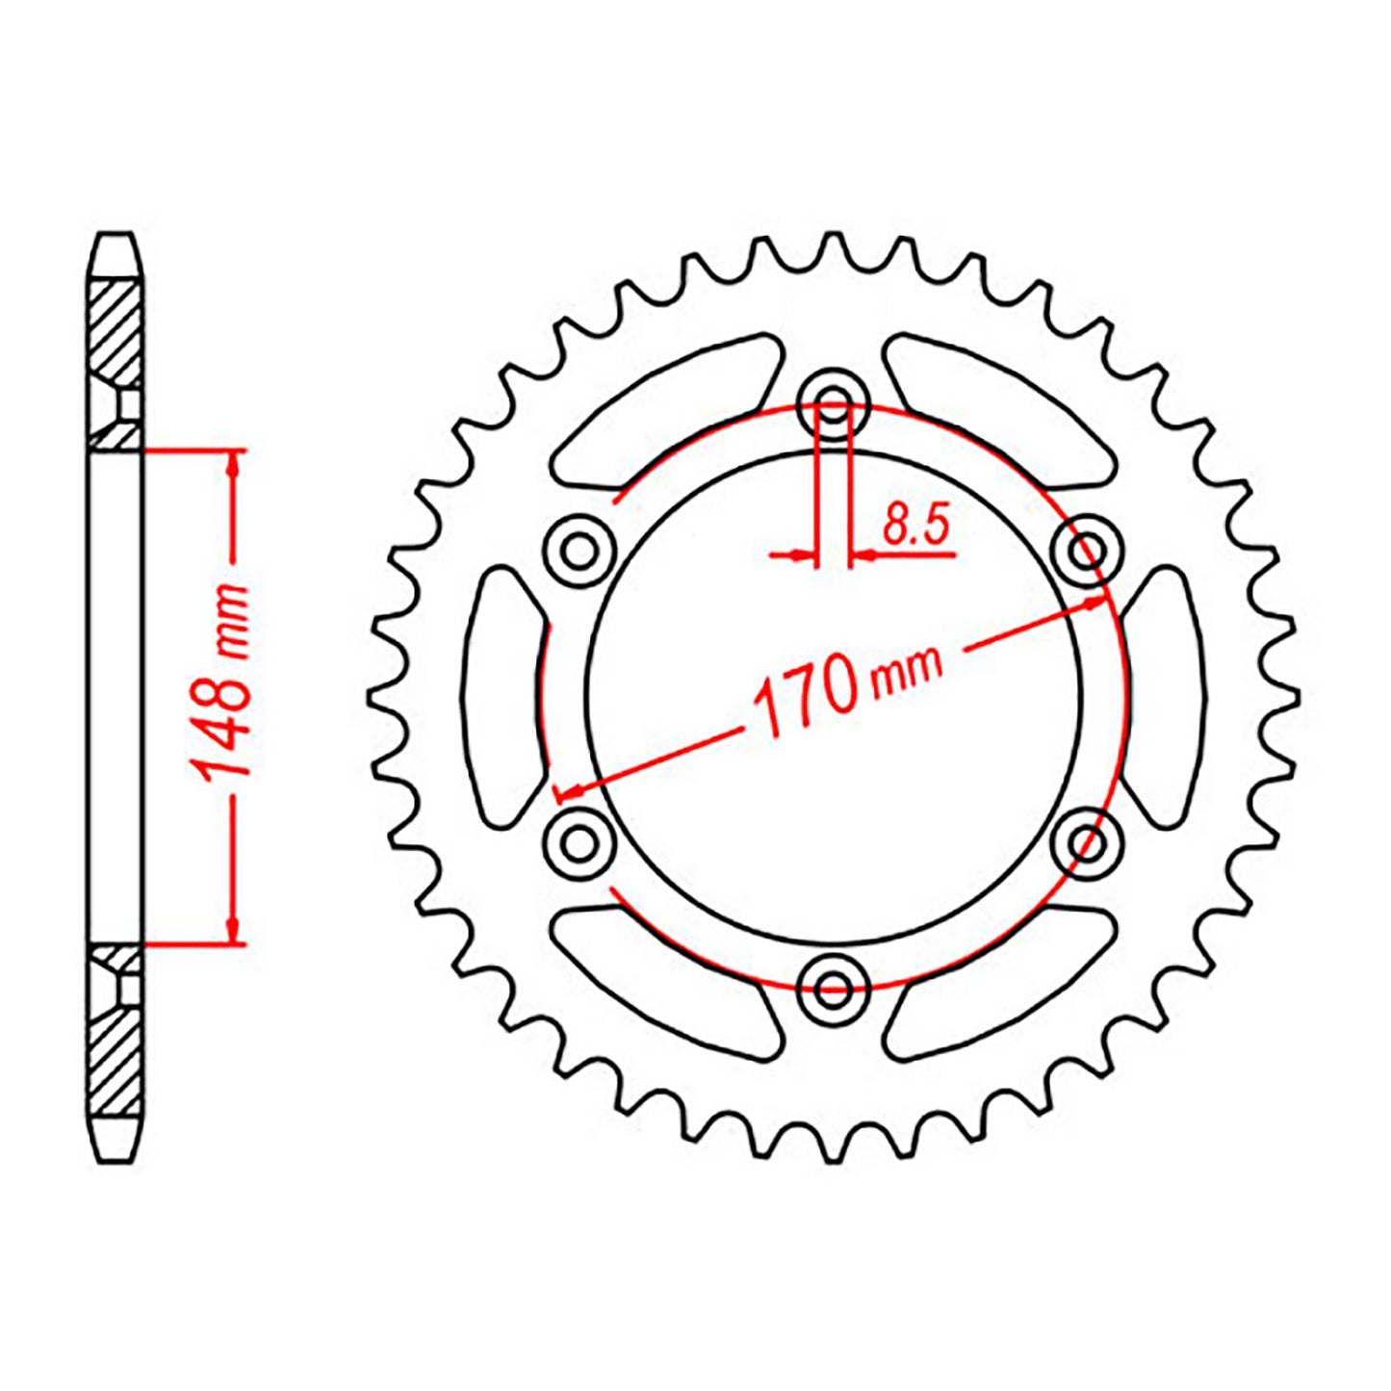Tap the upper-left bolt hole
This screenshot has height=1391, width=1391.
tap(580, 552)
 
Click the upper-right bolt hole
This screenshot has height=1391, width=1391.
tap(1088, 552)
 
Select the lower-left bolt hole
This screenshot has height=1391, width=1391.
tap(580, 842)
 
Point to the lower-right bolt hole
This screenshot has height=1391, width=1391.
tap(1088, 842)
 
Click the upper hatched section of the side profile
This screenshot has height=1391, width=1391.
tap(116, 332)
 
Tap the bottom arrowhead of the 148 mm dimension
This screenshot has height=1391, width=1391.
tap(232, 928)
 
